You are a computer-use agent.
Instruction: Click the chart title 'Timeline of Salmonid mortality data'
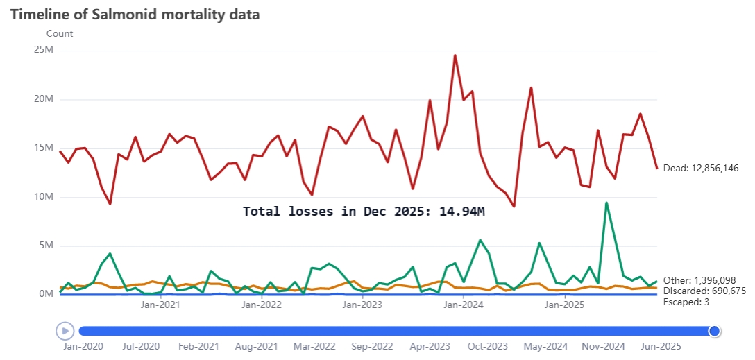135,15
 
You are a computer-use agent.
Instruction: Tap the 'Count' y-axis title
60,33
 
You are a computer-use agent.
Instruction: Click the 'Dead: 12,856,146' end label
700,168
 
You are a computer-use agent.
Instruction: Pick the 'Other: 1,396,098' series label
699,280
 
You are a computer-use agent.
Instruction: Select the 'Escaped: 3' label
686,302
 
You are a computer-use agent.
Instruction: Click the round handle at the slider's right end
714,331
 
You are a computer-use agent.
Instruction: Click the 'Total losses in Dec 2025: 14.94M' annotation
364,212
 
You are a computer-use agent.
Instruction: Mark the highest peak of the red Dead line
455,55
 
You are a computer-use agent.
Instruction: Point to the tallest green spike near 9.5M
606,203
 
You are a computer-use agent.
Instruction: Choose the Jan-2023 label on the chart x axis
363,305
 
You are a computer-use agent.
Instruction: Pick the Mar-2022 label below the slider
314,346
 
